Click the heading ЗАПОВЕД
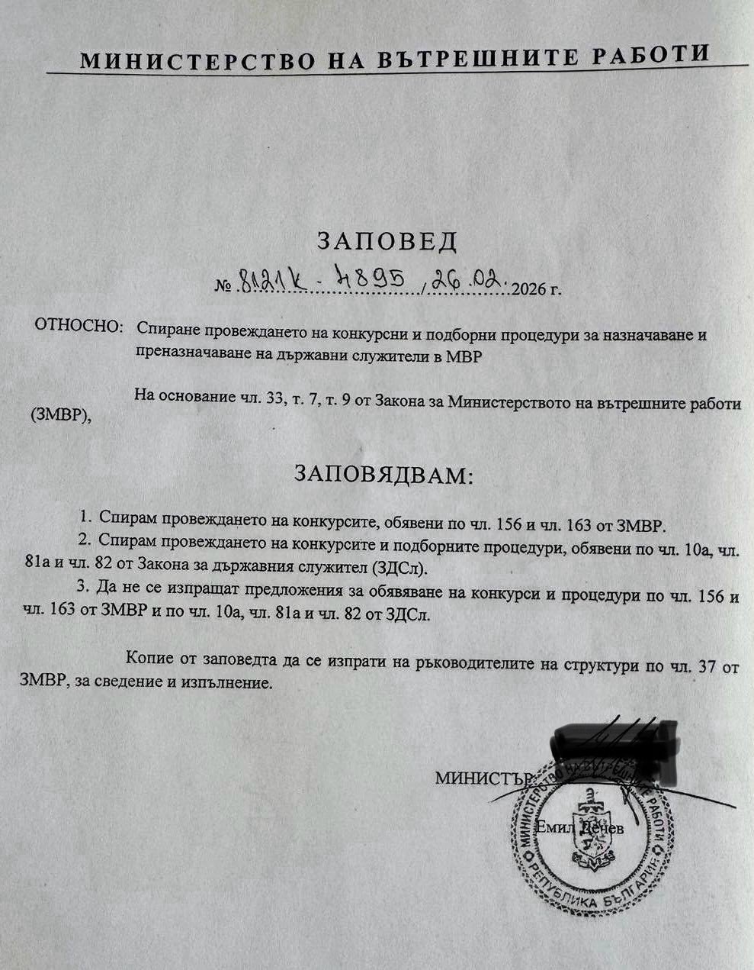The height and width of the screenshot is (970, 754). coord(387,241)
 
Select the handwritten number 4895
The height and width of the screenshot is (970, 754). coord(375,282)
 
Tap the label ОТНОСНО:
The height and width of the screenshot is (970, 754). coord(79,326)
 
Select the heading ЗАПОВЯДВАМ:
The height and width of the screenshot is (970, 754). coord(383,475)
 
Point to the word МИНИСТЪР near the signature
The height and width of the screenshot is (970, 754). coord(482,778)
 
